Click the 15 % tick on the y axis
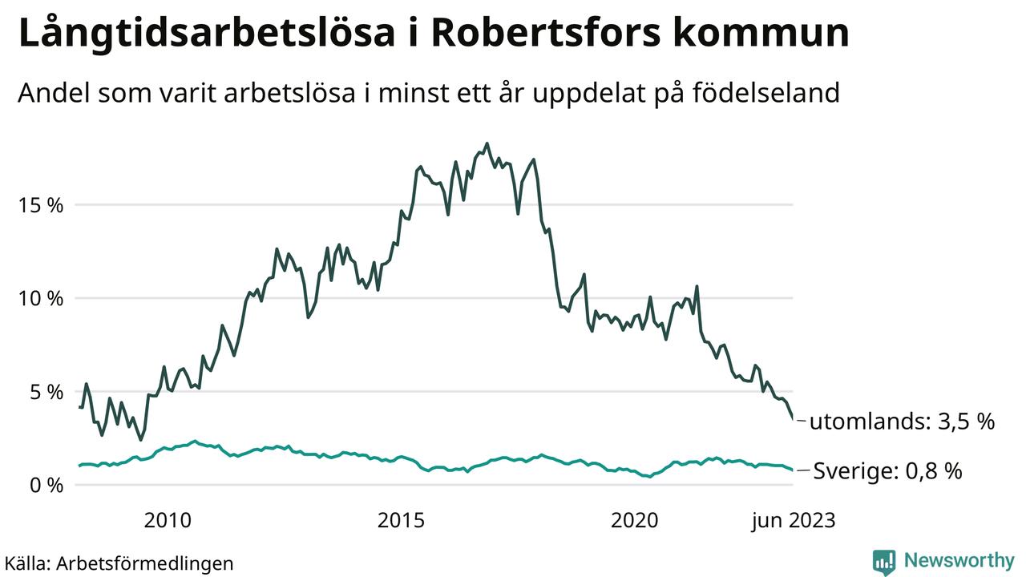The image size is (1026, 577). pyautogui.click(x=40, y=205)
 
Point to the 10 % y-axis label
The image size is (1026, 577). pyautogui.click(x=40, y=299)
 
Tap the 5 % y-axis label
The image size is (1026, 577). pyautogui.click(x=46, y=393)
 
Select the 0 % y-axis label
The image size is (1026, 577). pyautogui.click(x=46, y=486)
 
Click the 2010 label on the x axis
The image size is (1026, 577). pyautogui.click(x=168, y=522)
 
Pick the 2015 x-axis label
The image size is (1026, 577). pyautogui.click(x=401, y=522)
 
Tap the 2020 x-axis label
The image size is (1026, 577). pyautogui.click(x=634, y=522)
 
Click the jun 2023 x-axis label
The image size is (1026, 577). pyautogui.click(x=792, y=522)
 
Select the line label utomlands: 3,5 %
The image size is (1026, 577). pyautogui.click(x=902, y=422)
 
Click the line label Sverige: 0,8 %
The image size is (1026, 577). pyautogui.click(x=887, y=471)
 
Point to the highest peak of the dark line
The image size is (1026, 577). pyautogui.click(x=487, y=144)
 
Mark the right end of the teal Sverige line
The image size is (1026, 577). pyautogui.click(x=793, y=470)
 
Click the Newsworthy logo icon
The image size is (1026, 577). pyautogui.click(x=884, y=562)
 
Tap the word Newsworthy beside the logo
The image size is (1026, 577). pyautogui.click(x=959, y=560)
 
